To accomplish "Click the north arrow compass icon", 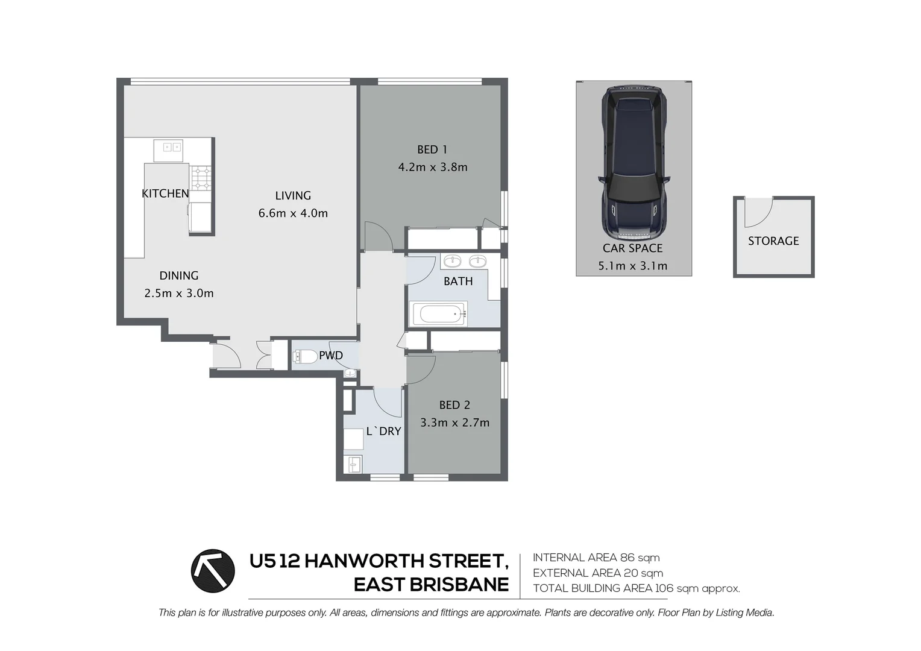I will coord(213,571).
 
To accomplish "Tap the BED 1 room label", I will coord(432,149).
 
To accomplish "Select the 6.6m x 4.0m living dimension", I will coord(293,213).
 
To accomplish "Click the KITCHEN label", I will coord(165,193).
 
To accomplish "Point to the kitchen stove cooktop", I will coord(201,178).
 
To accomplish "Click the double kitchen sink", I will coord(168,147).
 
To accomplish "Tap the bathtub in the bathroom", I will coord(439,314).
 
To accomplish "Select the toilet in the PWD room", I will coord(306,356).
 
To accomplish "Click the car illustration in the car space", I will coord(633,163).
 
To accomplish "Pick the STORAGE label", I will coord(773,241).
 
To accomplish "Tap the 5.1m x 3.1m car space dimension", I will coord(633,266).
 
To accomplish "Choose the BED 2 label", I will coord(454,405).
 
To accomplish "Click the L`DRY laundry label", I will coord(383,432).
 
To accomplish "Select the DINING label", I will coord(179,276).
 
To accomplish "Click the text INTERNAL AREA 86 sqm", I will coord(596,558).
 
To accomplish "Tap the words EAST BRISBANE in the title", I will coord(431,585).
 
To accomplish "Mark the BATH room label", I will coord(458,281).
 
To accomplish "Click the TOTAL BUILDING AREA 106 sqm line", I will coord(636,588).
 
